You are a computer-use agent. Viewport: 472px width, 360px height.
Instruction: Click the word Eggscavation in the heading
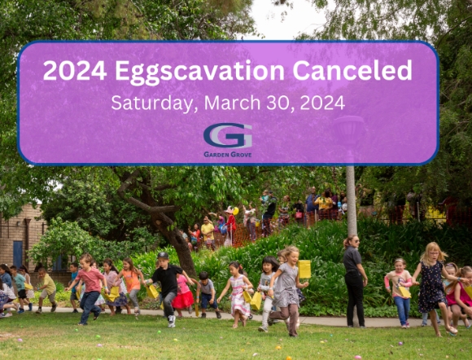pyautogui.click(x=200, y=71)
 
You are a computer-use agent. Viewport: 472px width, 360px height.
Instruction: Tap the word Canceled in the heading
pyautogui.click(x=352, y=70)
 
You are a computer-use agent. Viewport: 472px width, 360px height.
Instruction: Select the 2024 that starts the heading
pyautogui.click(x=75, y=70)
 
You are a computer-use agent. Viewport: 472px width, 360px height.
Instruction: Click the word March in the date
pyautogui.click(x=232, y=103)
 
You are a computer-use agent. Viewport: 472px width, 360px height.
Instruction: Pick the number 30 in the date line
pyautogui.click(x=280, y=103)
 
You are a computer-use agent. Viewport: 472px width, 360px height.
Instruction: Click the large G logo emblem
pyautogui.click(x=228, y=135)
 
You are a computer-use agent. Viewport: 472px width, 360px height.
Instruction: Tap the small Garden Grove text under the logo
pyautogui.click(x=228, y=155)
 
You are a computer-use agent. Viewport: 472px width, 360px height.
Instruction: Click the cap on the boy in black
pyautogui.click(x=163, y=256)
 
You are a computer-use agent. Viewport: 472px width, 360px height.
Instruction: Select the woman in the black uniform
pyautogui.click(x=354, y=281)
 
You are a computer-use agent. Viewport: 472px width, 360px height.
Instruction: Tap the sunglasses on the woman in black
pyautogui.click(x=356, y=241)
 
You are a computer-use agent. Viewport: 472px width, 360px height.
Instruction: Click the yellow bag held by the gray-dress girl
pyautogui.click(x=304, y=269)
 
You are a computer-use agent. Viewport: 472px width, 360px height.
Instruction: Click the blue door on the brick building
pyautogui.click(x=18, y=254)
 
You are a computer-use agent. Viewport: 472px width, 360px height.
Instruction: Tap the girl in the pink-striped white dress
pyautogui.click(x=238, y=294)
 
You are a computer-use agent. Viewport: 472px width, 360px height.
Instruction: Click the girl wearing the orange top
pyautogui.click(x=131, y=286)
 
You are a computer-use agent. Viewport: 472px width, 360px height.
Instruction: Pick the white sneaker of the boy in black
pyautogui.click(x=172, y=321)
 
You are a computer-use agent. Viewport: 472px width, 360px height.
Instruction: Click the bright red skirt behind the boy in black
pyautogui.click(x=183, y=300)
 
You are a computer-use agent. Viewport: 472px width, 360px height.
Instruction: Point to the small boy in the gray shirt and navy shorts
pyautogui.click(x=208, y=294)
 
